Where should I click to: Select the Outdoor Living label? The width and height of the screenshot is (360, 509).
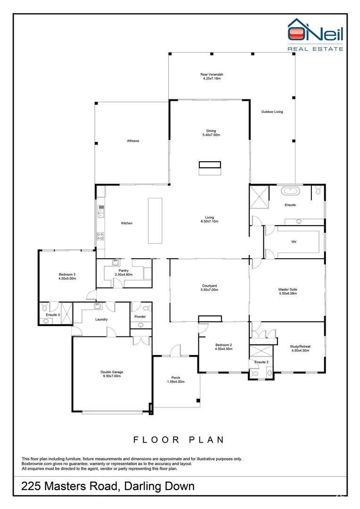272,112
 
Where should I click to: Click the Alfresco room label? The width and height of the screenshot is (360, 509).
132,141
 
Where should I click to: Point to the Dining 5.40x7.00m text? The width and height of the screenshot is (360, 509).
211,133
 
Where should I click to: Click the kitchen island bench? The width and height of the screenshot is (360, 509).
155,221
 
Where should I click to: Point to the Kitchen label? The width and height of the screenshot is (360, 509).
126,223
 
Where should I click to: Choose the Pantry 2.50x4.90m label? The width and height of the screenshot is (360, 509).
124,272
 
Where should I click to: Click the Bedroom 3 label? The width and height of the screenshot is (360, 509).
67,276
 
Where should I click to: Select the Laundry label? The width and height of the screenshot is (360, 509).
101,320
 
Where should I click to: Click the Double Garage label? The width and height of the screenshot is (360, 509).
112,374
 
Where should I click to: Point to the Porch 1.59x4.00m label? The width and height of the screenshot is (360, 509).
175,379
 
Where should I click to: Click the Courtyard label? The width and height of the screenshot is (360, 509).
209,287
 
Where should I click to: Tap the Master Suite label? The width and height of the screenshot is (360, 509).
287,291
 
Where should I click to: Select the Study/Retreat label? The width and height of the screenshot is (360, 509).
300,348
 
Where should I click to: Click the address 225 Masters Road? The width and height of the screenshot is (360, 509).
107,486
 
